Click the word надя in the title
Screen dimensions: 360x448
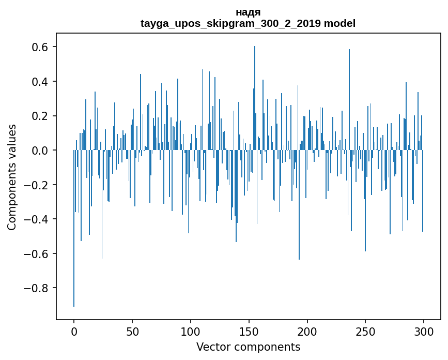248,12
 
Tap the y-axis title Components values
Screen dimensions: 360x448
12,177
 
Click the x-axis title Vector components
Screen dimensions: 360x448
248,347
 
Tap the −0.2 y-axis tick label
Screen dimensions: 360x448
38,185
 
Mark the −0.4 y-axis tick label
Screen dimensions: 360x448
38,219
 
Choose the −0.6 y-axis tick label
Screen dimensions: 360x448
38,253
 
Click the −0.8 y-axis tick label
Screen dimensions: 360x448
38,288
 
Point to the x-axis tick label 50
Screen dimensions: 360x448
132,331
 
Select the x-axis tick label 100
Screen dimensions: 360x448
191,331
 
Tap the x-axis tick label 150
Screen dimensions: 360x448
249,331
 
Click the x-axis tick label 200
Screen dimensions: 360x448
307,331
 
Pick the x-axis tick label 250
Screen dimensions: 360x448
365,331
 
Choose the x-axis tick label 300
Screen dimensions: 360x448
424,331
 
